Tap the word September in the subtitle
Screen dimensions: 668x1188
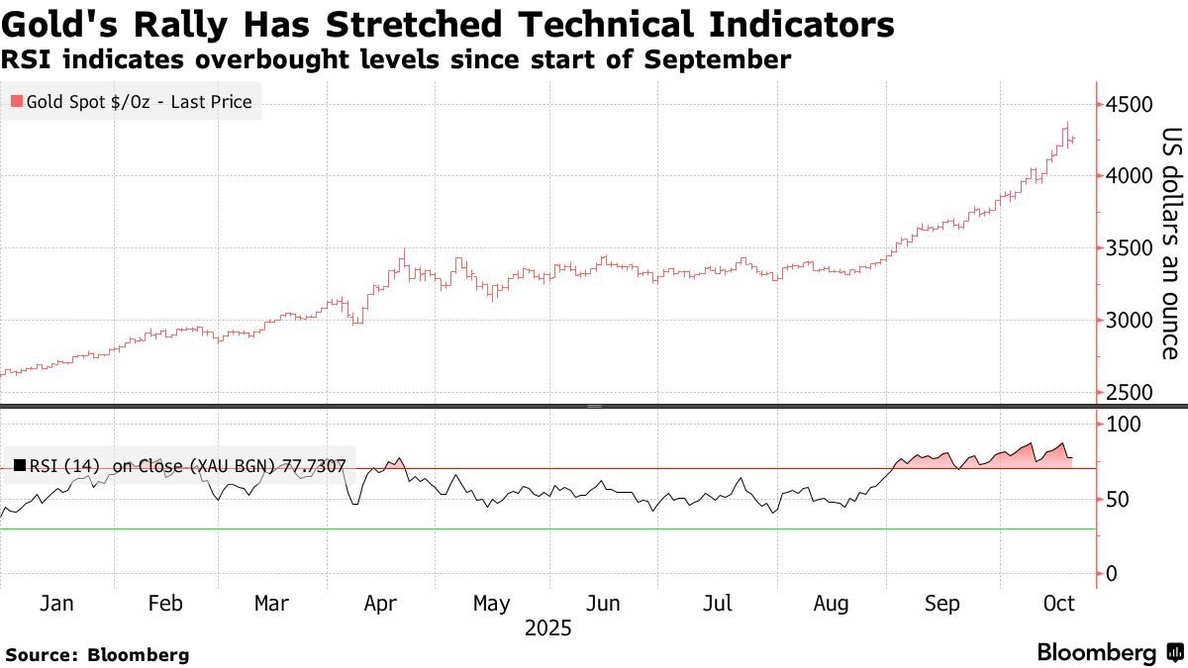pos(717,60)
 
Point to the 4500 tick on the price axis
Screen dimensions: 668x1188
pos(1131,105)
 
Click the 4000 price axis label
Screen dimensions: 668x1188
pos(1131,176)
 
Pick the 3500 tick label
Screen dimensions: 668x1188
pos(1131,248)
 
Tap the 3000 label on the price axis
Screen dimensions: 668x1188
pos(1131,321)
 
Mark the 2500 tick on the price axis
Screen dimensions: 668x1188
pos(1131,393)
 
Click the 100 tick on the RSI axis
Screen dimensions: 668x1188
pos(1124,425)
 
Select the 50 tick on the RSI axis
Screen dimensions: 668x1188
pos(1119,500)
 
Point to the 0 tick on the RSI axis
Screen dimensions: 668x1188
pos(1113,574)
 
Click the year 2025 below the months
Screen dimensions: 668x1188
pos(548,627)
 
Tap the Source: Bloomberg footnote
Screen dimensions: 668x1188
pos(97,654)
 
